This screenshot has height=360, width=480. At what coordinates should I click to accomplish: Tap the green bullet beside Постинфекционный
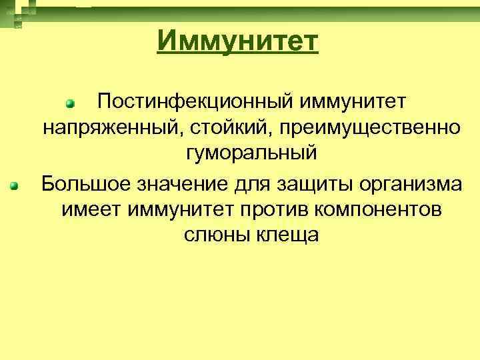click(69, 103)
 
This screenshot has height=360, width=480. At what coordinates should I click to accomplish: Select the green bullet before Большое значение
click(13, 185)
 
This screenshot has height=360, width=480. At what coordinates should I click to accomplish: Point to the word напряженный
click(105, 127)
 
